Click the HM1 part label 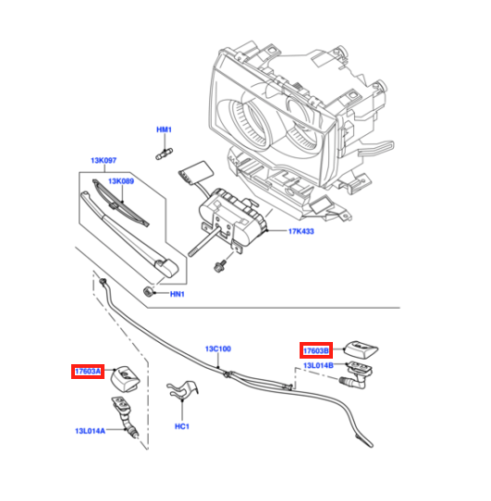coord(164,129)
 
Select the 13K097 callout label coord(104,161)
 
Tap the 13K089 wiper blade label coord(121,181)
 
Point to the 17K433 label coord(301,231)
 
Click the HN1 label coord(178,294)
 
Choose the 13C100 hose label coord(218,348)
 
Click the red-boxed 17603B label coord(316,350)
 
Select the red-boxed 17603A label coord(88,372)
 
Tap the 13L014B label coord(318,365)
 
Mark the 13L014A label coord(90,431)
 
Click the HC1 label coord(182,426)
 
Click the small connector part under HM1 coord(164,153)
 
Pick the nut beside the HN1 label coord(147,291)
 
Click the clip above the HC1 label coord(182,390)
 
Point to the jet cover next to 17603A coord(125,379)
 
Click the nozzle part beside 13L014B coord(357,374)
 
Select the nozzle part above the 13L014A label coord(124,415)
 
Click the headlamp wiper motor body coord(233,217)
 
